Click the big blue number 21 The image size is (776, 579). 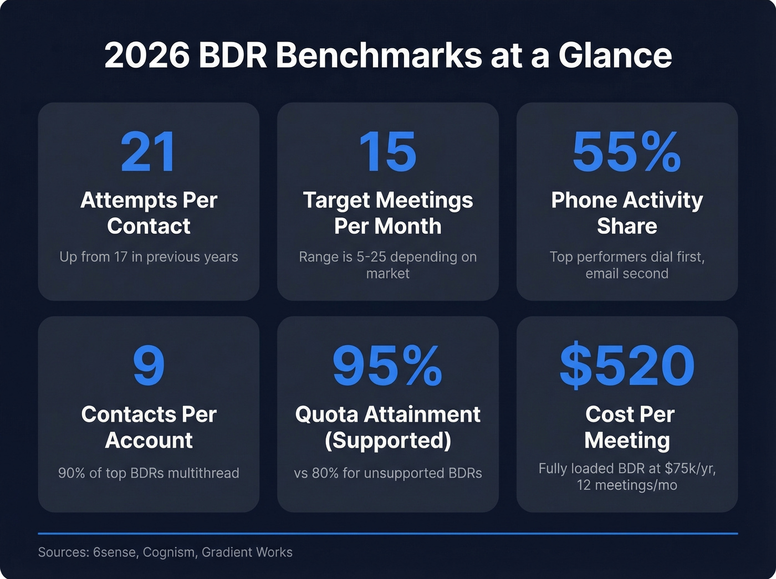point(149,152)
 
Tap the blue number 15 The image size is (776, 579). point(387,152)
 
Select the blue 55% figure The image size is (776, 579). point(626,152)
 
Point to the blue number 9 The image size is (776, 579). point(149,366)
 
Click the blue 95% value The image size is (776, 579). point(387,366)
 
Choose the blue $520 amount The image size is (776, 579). point(627,366)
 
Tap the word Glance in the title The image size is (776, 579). point(615,55)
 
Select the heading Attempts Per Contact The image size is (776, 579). point(149,213)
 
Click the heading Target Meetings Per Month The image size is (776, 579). point(387,213)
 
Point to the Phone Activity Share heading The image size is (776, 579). point(627,213)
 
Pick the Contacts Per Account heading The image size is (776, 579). point(149,427)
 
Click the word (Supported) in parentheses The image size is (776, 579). point(387,440)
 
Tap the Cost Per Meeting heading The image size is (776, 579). point(628,427)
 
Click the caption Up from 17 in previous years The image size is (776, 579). point(149,257)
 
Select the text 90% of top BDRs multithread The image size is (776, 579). point(149,473)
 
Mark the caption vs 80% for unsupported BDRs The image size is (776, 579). point(387,473)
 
